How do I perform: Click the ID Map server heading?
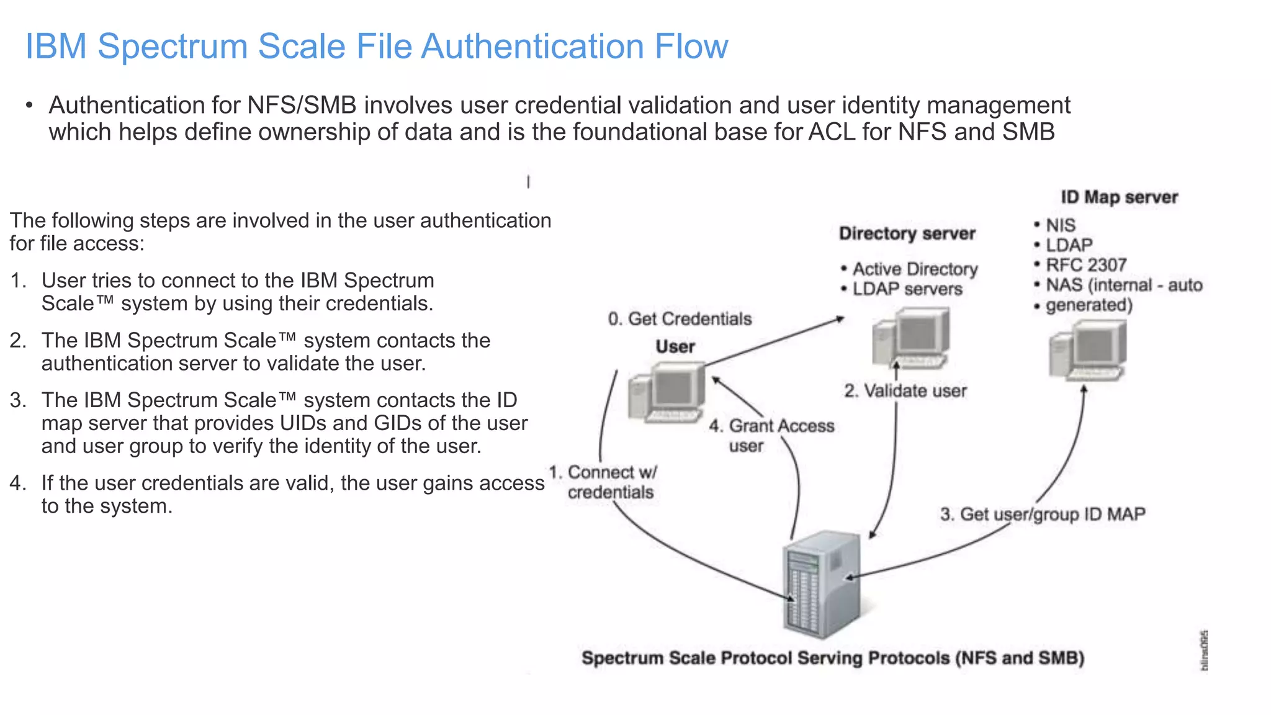(x=1118, y=197)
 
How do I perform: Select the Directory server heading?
(x=907, y=233)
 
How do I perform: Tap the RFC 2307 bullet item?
(x=1085, y=265)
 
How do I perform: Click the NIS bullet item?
(x=1060, y=225)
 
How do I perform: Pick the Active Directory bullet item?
(x=914, y=269)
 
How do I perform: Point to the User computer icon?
(x=667, y=393)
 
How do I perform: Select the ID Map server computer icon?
(x=1088, y=351)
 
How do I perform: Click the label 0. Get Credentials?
(x=680, y=319)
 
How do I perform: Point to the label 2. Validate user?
(x=905, y=391)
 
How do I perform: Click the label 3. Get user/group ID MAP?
(x=1042, y=515)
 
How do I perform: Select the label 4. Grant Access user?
(x=771, y=435)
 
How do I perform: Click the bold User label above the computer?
(x=675, y=347)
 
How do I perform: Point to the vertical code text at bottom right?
(x=1203, y=650)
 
